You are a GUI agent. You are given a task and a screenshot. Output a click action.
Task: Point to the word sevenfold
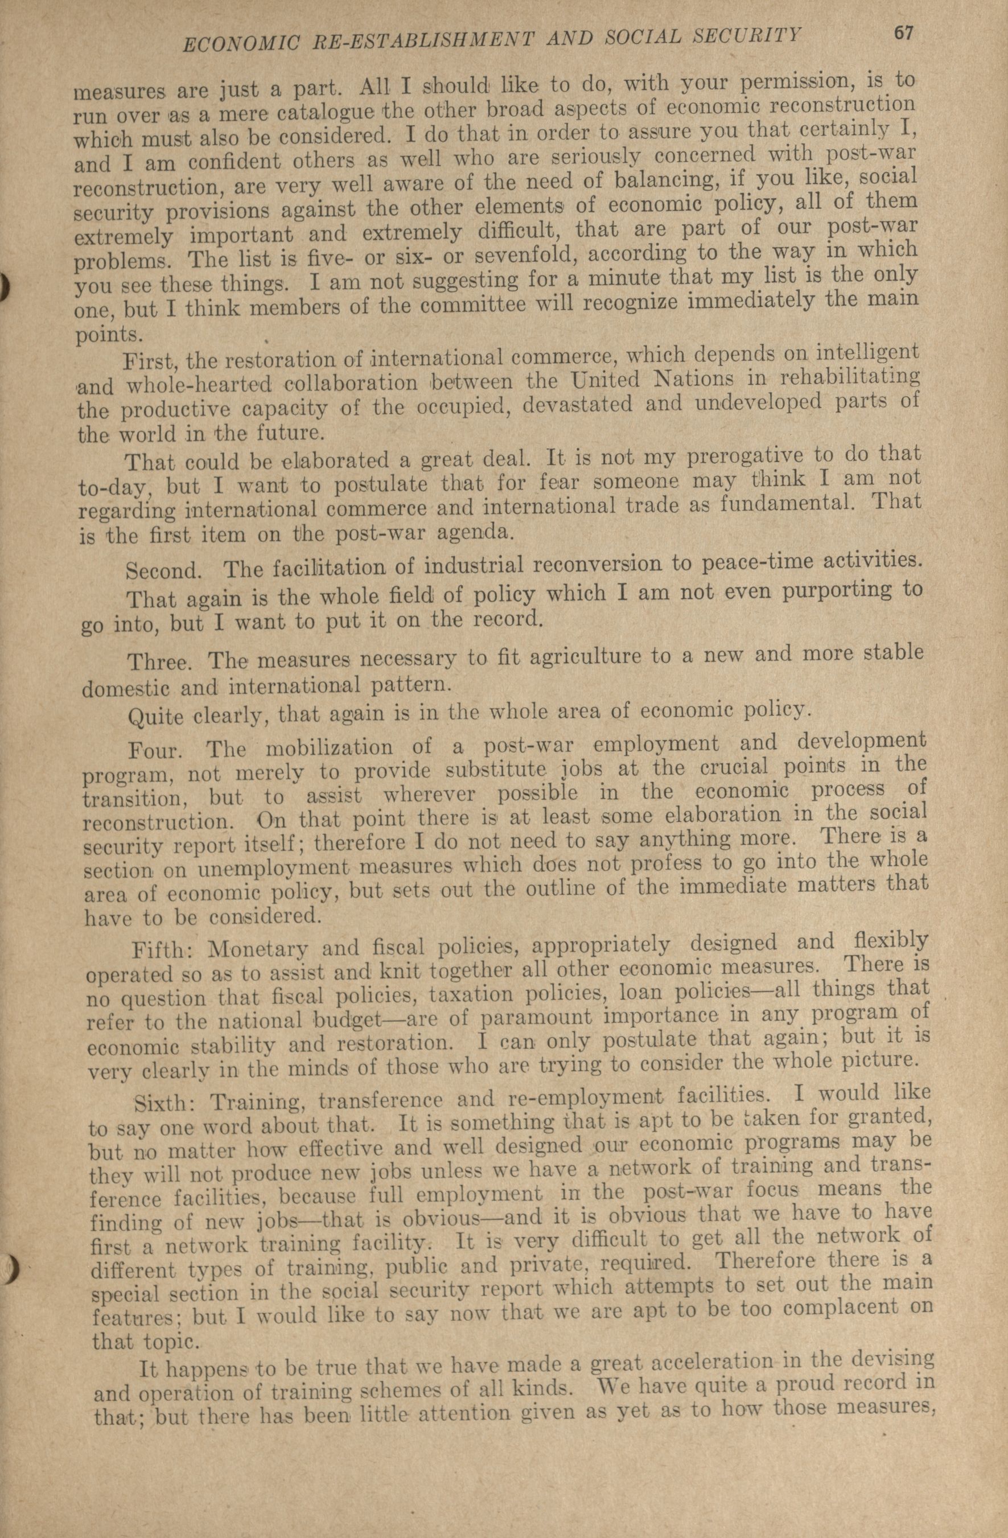(530, 254)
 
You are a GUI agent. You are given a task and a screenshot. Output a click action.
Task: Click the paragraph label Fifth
(159, 951)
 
